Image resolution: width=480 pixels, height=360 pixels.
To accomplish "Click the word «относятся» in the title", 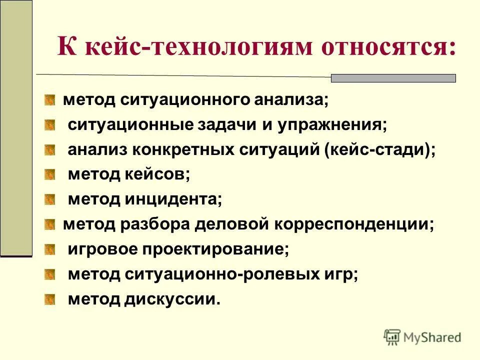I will click(x=388, y=48).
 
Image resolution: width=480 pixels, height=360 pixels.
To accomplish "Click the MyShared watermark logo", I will click(x=422, y=337).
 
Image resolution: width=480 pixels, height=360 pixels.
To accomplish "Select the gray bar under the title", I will click(x=393, y=78).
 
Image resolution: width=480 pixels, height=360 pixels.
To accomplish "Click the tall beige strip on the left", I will click(x=16, y=127).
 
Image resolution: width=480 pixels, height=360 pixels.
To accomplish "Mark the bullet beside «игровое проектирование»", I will click(x=49, y=249).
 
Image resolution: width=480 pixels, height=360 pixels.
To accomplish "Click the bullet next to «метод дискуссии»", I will click(x=49, y=299).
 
